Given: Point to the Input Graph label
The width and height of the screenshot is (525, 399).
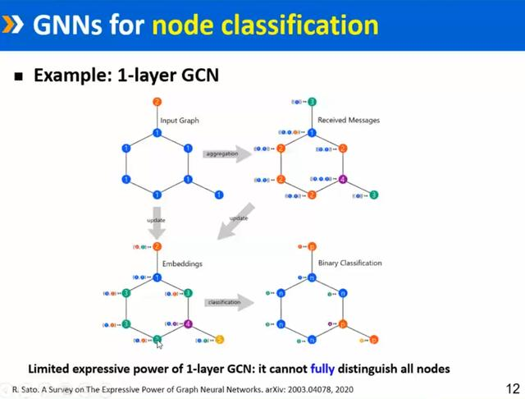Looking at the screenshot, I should coord(179,121).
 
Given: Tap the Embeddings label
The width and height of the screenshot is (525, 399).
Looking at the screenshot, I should coord(181,264).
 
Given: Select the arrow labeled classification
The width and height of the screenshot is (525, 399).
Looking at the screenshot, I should coord(226,302).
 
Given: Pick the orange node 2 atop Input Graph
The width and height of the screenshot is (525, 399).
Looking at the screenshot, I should coord(157,102).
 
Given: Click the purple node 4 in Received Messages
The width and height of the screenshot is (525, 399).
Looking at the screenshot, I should coord(343,179).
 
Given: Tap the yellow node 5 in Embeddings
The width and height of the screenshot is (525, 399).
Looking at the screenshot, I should coord(219,338).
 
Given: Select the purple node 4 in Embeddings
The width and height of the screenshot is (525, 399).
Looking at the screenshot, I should coord(188,323).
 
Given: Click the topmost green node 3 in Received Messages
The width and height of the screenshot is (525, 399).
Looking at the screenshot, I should coord(312,102).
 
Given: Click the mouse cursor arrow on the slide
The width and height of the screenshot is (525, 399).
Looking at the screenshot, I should coord(160,345).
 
